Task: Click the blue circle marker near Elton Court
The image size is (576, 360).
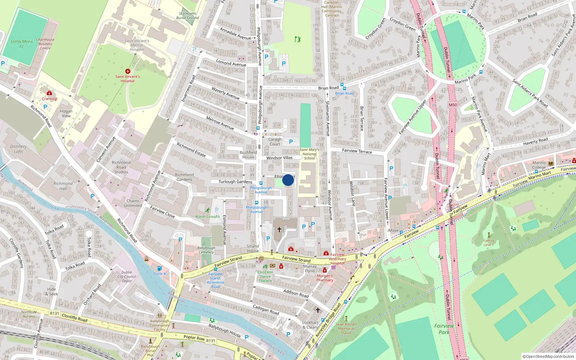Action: (288, 180)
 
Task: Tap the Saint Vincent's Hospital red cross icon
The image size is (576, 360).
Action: (128, 71)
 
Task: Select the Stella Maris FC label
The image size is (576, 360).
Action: (22, 44)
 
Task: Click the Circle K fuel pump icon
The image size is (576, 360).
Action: (159, 268)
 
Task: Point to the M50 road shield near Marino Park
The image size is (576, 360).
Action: (453, 105)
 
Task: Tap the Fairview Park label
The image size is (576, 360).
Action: (444, 329)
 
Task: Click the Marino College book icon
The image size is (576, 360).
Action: (551, 163)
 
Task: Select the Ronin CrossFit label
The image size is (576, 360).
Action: (207, 217)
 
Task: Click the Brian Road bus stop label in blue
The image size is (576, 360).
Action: (345, 93)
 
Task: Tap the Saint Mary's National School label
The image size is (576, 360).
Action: (309, 154)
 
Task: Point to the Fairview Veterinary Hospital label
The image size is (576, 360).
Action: (337, 259)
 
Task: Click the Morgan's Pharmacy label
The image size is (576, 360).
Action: (325, 278)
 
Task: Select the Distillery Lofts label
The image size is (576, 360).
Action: (18, 149)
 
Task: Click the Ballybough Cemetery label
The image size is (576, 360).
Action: (206, 250)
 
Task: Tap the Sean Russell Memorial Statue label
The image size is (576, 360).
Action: (346, 328)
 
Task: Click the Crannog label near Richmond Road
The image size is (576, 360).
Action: (49, 99)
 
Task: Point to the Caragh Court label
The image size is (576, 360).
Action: (275, 142)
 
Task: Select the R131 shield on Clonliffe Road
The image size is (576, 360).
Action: (54, 313)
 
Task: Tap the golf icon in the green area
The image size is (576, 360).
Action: (297, 39)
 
